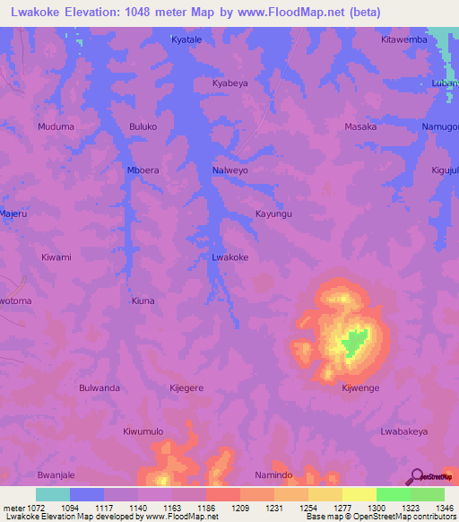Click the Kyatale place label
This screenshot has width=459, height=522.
click(187, 39)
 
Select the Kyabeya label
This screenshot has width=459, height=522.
click(229, 83)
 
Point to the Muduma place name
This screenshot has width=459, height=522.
click(56, 126)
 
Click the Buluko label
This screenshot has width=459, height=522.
click(143, 126)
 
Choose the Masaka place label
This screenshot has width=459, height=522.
click(360, 126)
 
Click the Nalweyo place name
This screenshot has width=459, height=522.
click(230, 170)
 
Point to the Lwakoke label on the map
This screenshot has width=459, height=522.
click(229, 257)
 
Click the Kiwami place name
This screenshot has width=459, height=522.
click(56, 257)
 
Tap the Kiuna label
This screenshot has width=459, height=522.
click(143, 300)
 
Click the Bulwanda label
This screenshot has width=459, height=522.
click(100, 387)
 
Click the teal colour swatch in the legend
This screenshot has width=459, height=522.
click(52, 494)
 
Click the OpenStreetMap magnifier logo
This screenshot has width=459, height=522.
click(415, 476)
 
